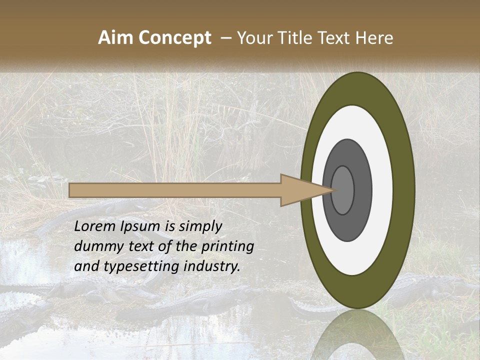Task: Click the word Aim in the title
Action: (115, 38)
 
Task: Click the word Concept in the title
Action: (174, 38)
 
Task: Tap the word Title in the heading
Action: (296, 38)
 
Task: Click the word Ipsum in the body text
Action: (141, 226)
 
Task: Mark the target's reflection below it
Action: (357, 337)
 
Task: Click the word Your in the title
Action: (254, 38)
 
